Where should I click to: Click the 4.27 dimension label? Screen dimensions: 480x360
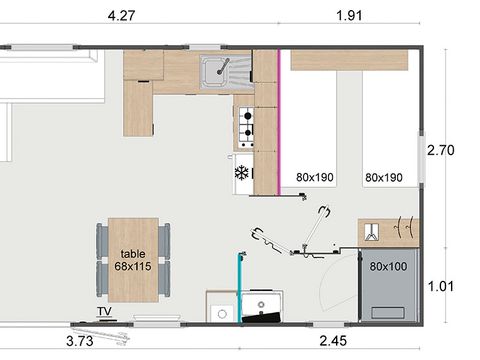coord(121,15)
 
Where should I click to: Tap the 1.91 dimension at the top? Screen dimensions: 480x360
coord(349,15)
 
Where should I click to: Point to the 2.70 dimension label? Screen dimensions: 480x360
coord(441,150)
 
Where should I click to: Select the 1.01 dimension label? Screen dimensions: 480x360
coord(441,286)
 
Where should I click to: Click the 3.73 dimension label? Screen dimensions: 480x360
coord(80,341)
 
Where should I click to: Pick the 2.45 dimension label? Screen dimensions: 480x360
coord(333,341)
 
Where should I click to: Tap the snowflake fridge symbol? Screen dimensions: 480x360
coord(242,173)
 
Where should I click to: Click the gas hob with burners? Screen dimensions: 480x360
coord(246,127)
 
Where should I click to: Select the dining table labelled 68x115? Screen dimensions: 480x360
coord(133,260)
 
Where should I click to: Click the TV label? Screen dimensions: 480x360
coord(104,311)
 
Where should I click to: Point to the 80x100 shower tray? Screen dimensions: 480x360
coord(389,285)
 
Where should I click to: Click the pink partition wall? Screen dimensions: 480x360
coord(279,122)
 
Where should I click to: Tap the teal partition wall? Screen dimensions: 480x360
coord(240,288)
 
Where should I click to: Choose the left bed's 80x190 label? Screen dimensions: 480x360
coord(315,177)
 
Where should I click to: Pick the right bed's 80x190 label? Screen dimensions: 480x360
coord(384,177)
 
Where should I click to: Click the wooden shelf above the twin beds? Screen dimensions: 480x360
coord(349,60)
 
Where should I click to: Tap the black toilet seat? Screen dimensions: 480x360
coord(261,317)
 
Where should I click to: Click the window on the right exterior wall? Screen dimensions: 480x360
coord(422,157)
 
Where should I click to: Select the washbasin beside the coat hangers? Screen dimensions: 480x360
coord(372,232)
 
